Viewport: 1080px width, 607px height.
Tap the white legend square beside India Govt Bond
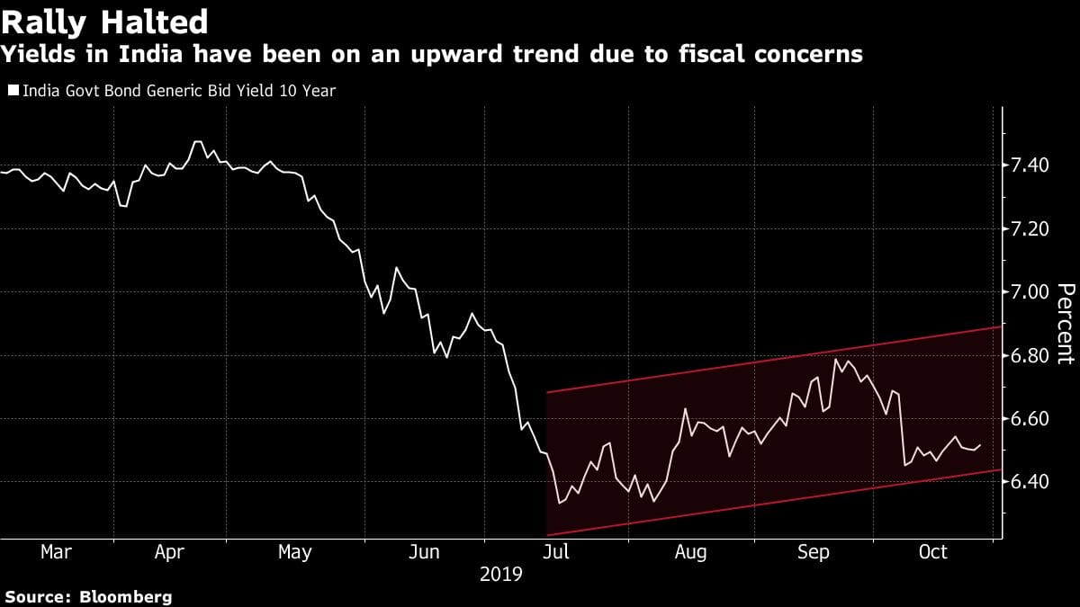coord(12,91)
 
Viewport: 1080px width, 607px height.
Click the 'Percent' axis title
coord(1065,324)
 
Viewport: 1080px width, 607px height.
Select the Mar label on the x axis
coord(56,552)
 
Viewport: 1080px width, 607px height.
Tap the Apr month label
coord(169,552)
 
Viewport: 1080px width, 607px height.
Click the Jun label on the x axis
coord(423,552)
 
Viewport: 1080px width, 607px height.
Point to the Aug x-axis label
coord(690,552)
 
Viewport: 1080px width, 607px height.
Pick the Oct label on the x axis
coord(933,552)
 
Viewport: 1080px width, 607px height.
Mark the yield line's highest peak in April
coord(197,141)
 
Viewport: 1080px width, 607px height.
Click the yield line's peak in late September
coord(836,360)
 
